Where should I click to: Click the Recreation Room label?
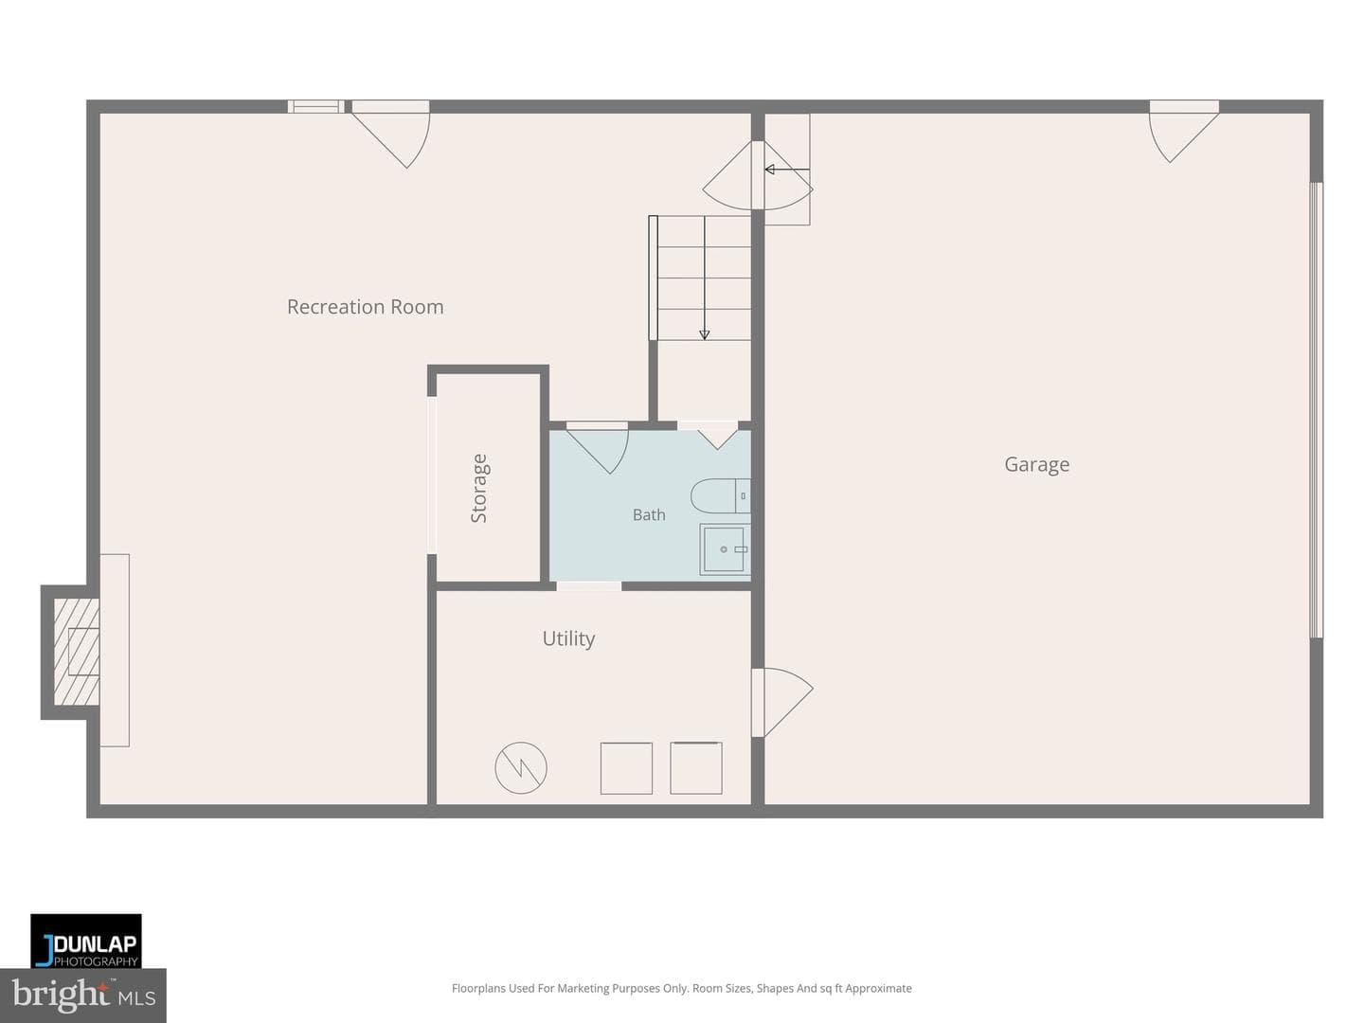pyautogui.click(x=365, y=307)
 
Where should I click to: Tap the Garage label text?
pyautogui.click(x=1036, y=464)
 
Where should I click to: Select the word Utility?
pyautogui.click(x=568, y=638)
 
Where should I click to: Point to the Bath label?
pyautogui.click(x=649, y=515)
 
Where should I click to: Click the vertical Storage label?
pyautogui.click(x=479, y=488)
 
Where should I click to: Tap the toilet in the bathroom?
pyautogui.click(x=720, y=495)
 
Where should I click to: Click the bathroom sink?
pyautogui.click(x=725, y=549)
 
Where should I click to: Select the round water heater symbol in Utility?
pyautogui.click(x=521, y=767)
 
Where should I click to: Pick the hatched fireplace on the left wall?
pyautogui.click(x=76, y=652)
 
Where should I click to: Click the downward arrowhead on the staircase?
pyautogui.click(x=704, y=334)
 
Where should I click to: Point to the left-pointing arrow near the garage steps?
pyautogui.click(x=787, y=169)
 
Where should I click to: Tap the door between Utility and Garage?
pyautogui.click(x=781, y=703)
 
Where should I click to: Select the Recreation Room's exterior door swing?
pyautogui.click(x=391, y=135)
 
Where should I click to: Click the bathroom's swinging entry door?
pyautogui.click(x=597, y=448)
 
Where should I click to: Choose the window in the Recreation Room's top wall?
pyautogui.click(x=315, y=107)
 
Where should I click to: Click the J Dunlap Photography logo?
pyautogui.click(x=86, y=941)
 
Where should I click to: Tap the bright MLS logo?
pyautogui.click(x=83, y=995)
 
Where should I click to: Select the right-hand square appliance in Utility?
pyautogui.click(x=696, y=767)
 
